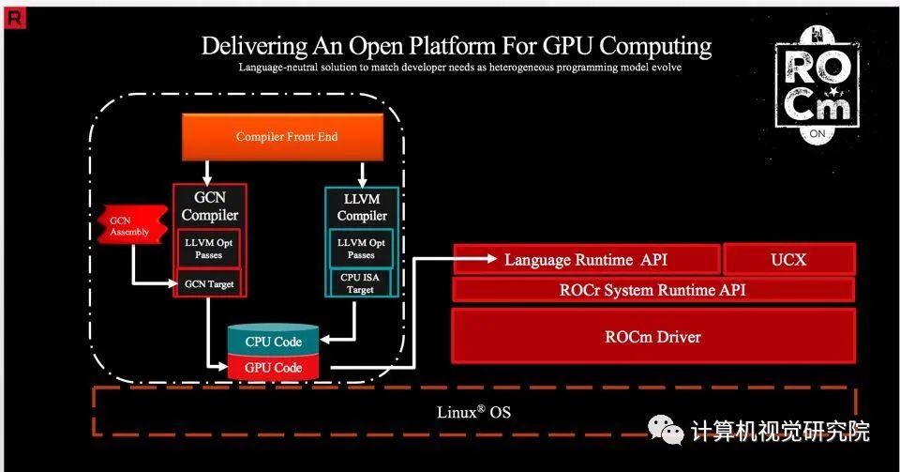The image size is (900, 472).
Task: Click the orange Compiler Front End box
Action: [286, 137]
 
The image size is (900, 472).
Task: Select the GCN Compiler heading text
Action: [209, 207]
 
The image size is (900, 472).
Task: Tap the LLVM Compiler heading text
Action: [361, 207]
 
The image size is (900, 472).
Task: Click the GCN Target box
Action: [209, 283]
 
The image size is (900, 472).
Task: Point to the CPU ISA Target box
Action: [361, 283]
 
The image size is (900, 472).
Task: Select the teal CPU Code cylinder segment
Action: [273, 342]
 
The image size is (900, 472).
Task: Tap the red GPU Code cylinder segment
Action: [273, 368]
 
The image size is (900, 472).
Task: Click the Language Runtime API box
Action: [586, 259]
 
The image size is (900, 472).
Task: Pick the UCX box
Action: [789, 259]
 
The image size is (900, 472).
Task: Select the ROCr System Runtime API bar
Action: [652, 290]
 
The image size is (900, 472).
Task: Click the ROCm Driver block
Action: [652, 336]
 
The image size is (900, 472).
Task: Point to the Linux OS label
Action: [473, 412]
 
